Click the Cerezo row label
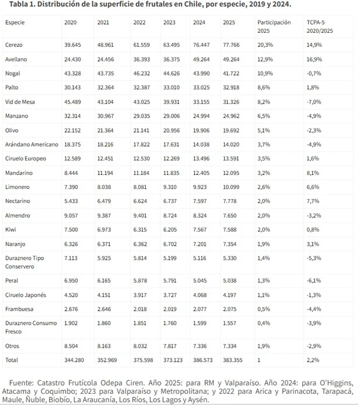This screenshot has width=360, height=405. click(x=14, y=45)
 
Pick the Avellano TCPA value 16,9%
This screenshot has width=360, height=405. click(x=315, y=59)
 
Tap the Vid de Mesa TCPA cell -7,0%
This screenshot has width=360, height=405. click(x=314, y=102)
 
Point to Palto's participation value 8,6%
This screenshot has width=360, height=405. click(x=264, y=88)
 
